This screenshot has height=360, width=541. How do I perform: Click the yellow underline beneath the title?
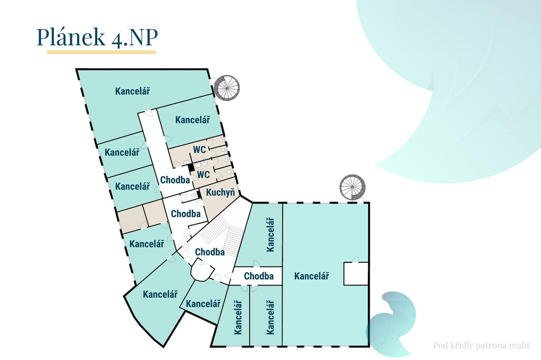[x=101, y=52]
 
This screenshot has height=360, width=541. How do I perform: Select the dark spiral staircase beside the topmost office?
[x=227, y=88]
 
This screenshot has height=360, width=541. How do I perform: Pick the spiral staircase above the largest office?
[x=352, y=187]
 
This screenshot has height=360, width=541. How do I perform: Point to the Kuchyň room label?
[x=220, y=192]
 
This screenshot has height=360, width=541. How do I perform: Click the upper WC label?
[x=200, y=150]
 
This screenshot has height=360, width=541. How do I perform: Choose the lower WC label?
[x=203, y=174]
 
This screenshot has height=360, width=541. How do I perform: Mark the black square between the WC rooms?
[x=191, y=167]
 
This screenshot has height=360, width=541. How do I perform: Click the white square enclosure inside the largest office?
[x=356, y=273]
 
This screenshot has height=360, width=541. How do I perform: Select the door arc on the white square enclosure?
[x=356, y=259]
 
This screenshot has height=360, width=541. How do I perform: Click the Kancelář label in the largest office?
[x=312, y=276]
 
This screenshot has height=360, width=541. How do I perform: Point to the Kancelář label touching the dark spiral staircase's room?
[x=133, y=91]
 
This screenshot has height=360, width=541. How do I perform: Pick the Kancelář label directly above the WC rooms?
[x=193, y=120]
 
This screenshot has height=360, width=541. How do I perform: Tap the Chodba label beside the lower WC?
[x=175, y=180]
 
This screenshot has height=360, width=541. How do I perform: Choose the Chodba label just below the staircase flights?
[x=210, y=252]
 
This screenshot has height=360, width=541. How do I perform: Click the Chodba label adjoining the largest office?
[x=259, y=276]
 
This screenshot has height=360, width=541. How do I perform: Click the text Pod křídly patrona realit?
[x=481, y=346]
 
